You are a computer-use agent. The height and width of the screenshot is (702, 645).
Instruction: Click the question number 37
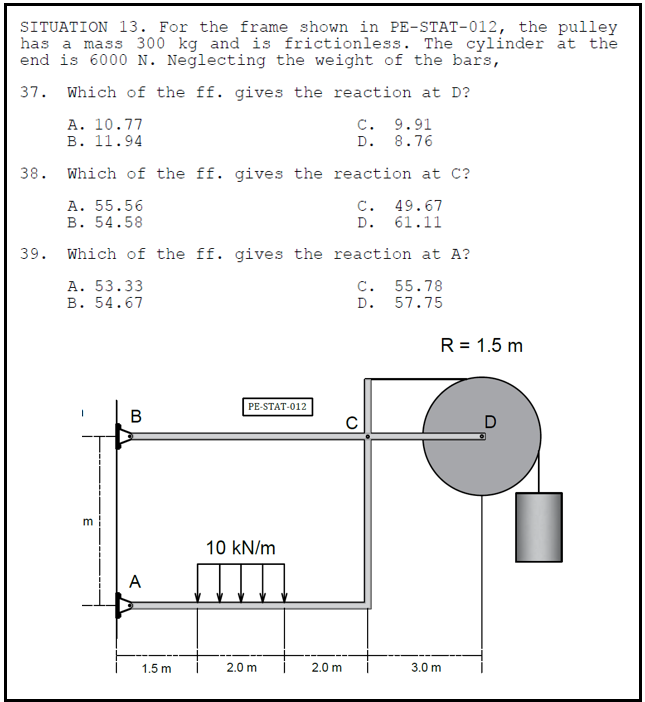[30, 93]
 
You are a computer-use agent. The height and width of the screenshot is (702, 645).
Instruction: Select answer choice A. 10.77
[105, 124]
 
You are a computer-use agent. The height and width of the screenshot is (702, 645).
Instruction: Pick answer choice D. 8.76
[399, 141]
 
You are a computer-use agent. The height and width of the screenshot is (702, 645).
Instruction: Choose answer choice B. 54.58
[105, 222]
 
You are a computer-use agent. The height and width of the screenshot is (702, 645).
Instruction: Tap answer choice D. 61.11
[399, 222]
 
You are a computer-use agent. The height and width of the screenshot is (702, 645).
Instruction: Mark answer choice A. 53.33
[105, 286]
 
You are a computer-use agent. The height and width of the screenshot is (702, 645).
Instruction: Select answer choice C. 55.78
[399, 286]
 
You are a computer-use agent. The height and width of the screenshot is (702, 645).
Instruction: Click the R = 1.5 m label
[481, 346]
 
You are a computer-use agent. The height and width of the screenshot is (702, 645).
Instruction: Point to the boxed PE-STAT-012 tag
[277, 407]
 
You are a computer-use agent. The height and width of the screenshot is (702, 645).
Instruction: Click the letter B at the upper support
[136, 415]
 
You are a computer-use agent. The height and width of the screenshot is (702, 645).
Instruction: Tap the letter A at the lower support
[135, 581]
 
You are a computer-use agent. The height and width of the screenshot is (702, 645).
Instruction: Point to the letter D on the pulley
[490, 422]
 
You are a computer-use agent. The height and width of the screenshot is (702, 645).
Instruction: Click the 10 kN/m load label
[240, 548]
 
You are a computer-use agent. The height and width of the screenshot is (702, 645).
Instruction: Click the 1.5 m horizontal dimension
[156, 667]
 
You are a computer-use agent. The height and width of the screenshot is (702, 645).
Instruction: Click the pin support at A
[123, 603]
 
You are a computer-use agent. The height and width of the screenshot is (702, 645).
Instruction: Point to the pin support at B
[123, 436]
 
